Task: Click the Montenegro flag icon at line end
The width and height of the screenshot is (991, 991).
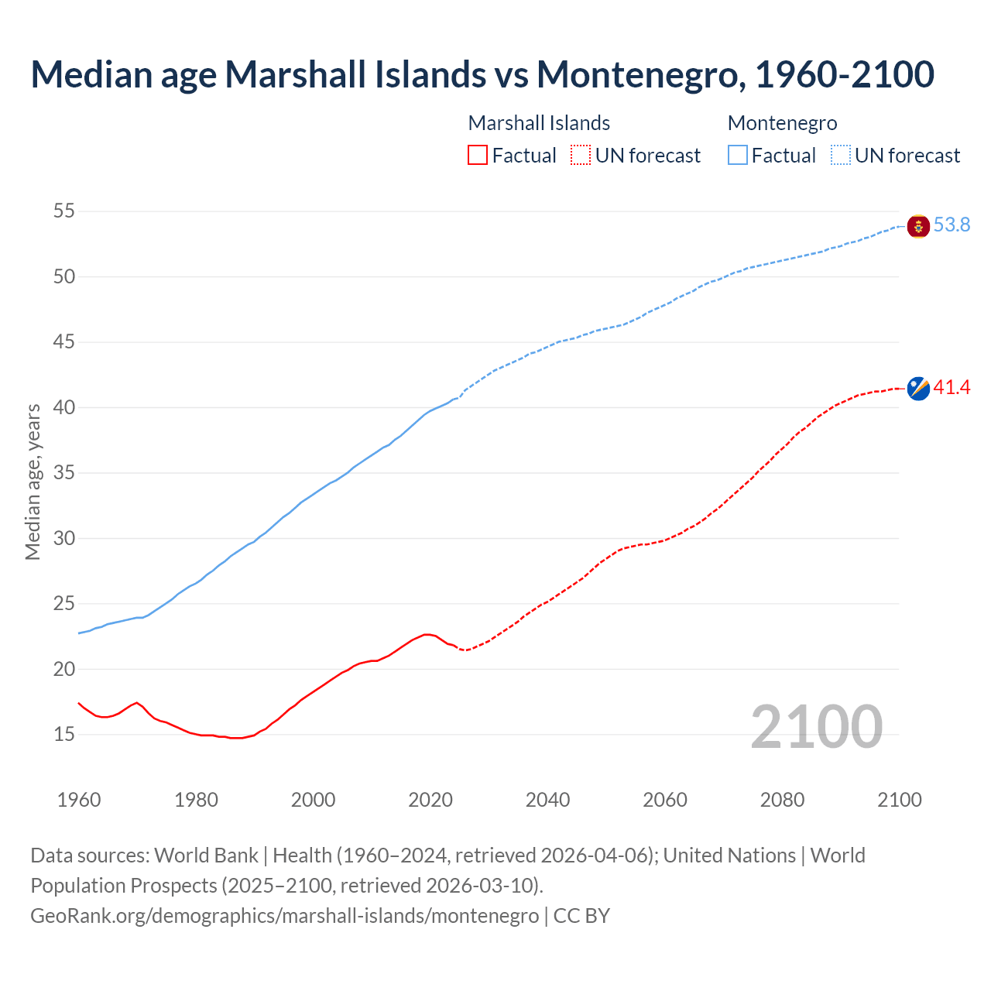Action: (917, 226)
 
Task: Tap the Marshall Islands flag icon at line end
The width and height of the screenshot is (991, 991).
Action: (917, 389)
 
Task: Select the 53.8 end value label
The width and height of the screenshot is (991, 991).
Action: (952, 225)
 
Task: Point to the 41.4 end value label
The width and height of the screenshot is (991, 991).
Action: (952, 387)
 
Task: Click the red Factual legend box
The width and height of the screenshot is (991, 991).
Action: (478, 156)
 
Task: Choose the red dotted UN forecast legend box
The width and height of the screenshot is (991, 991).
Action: (581, 156)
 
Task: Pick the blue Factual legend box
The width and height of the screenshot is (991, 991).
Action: (738, 156)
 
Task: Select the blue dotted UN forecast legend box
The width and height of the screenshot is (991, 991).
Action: (840, 156)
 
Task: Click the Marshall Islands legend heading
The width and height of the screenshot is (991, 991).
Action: (539, 123)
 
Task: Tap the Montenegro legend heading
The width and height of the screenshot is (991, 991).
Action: (782, 123)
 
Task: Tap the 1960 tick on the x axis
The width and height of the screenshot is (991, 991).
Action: (79, 800)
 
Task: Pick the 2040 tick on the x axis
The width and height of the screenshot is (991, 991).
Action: (547, 800)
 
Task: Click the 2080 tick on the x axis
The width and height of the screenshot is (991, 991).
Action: (782, 800)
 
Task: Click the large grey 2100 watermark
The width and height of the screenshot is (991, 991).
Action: (816, 726)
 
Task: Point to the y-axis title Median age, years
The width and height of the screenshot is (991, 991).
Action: (33, 482)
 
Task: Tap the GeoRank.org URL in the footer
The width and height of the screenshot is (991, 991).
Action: (284, 916)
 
